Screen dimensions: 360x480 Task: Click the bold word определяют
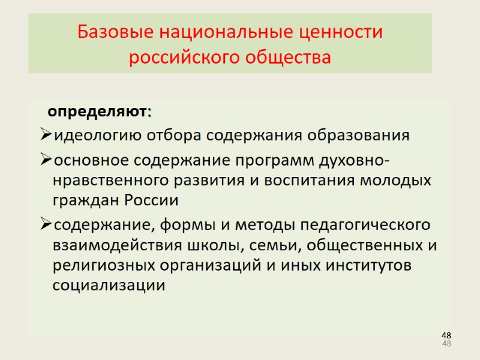point(97,112)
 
